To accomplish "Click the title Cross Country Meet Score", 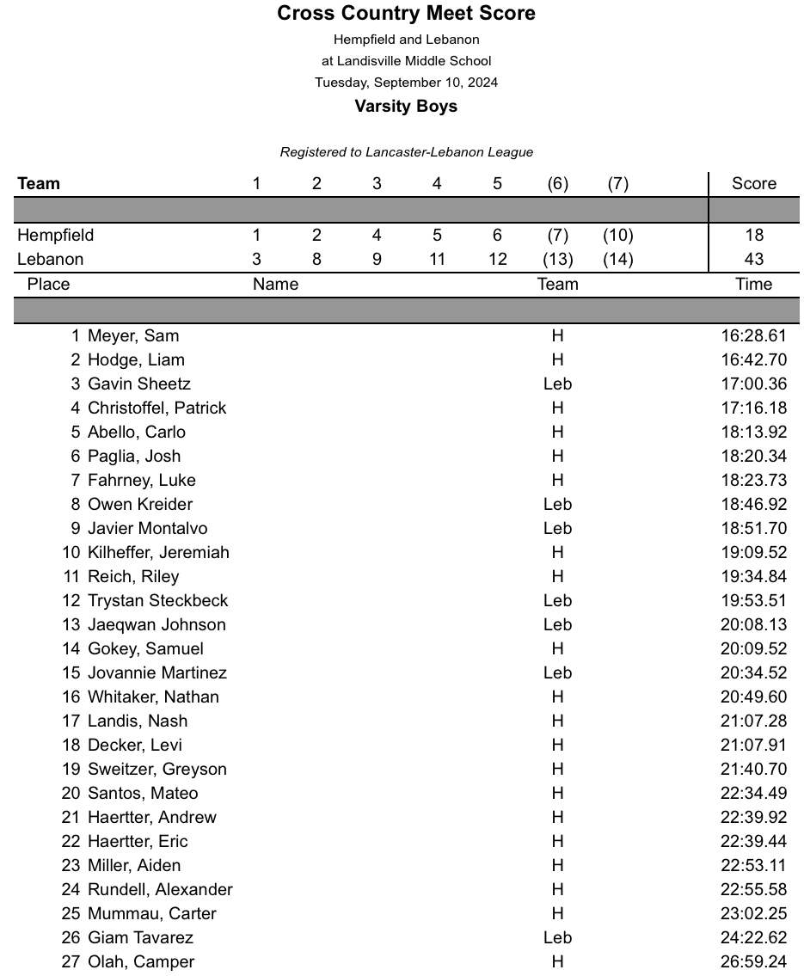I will click(x=406, y=14).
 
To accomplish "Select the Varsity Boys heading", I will click(x=406, y=107).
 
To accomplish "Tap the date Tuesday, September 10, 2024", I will click(x=406, y=83).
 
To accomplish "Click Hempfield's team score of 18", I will click(x=753, y=236).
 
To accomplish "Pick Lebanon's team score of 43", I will click(x=753, y=260).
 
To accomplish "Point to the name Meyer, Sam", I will click(x=133, y=336).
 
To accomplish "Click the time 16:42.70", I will click(x=753, y=360).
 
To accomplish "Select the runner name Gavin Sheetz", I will click(x=139, y=384).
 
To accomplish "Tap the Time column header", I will click(x=753, y=285).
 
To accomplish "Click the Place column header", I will click(x=48, y=285).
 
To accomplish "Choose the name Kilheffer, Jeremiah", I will click(x=158, y=553).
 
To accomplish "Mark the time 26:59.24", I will click(x=753, y=962).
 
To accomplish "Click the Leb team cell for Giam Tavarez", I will click(x=557, y=938).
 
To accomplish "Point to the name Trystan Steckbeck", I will click(x=157, y=601).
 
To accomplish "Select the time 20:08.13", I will click(x=753, y=625).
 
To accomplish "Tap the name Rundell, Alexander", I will click(x=160, y=890).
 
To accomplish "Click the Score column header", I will click(x=753, y=184).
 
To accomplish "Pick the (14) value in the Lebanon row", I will click(x=617, y=260).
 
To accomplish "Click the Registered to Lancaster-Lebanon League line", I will click(x=406, y=152).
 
